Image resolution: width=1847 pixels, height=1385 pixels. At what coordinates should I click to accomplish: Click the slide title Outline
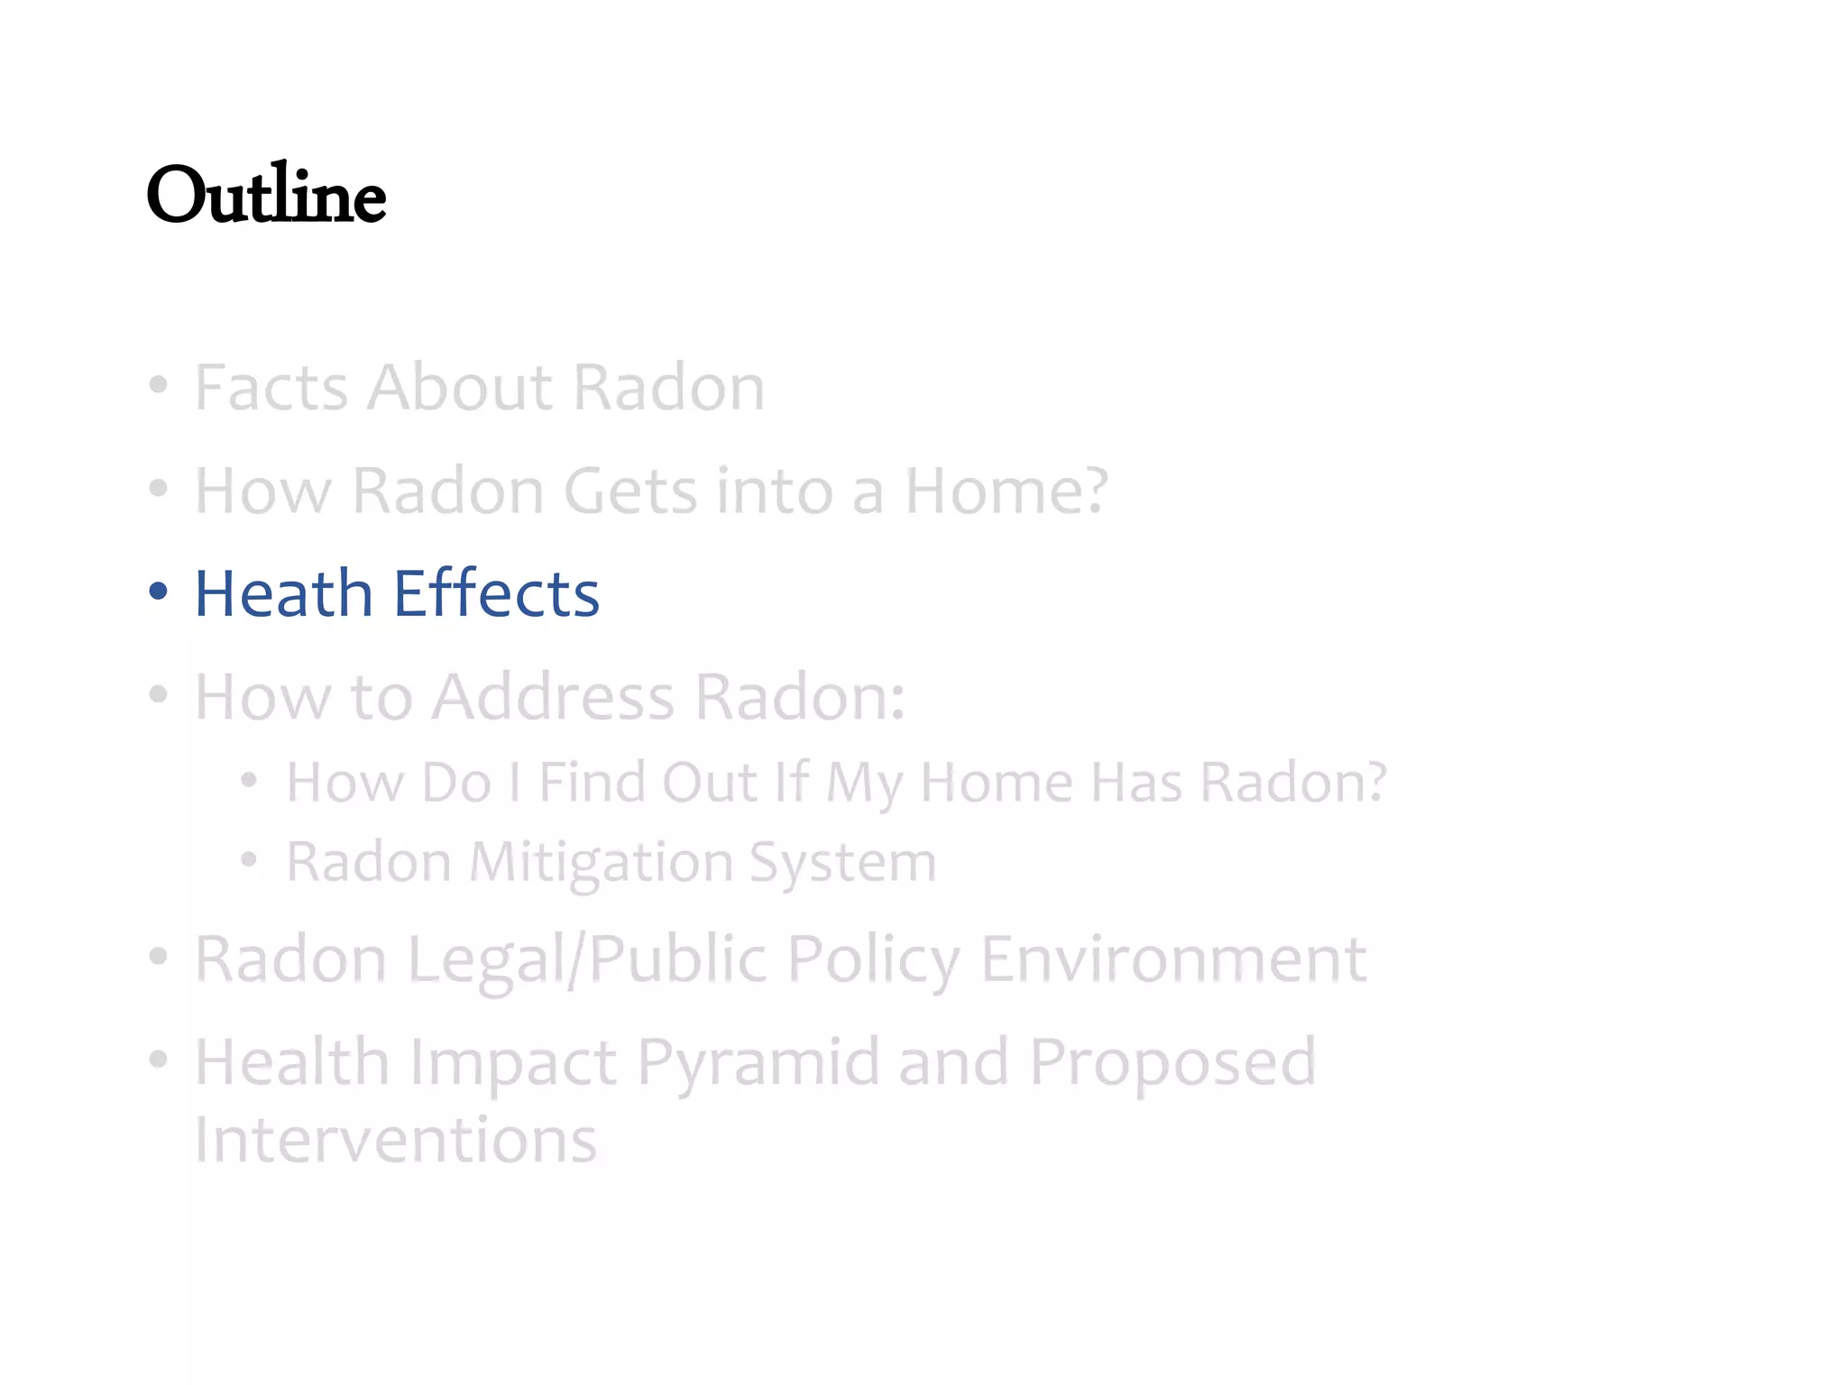click(x=266, y=195)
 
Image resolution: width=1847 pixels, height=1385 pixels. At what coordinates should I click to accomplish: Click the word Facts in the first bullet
click(x=271, y=388)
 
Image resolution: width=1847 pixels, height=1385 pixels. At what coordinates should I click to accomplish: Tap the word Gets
click(x=630, y=491)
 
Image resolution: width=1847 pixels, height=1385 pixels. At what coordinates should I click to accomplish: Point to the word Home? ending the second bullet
click(x=1006, y=491)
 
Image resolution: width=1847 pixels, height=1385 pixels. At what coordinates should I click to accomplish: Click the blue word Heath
click(x=283, y=594)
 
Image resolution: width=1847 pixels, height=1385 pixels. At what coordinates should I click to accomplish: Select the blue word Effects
click(x=496, y=594)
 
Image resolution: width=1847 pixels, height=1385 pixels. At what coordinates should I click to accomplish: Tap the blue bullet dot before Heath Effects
click(x=159, y=592)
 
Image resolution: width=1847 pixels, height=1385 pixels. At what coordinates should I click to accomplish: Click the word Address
click(x=552, y=697)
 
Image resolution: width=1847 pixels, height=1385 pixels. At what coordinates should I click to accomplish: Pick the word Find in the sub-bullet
click(x=591, y=782)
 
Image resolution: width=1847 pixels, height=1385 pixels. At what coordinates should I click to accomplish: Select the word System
click(x=842, y=863)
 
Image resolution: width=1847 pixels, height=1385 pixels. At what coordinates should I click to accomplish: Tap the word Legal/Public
click(x=587, y=958)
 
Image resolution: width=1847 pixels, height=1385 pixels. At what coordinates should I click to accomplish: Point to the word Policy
click(x=873, y=958)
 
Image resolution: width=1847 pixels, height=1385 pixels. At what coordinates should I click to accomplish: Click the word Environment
click(x=1172, y=958)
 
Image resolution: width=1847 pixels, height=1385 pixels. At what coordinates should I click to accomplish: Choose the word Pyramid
click(x=758, y=1063)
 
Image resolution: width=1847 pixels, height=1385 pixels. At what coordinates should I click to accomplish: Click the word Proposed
click(x=1172, y=1063)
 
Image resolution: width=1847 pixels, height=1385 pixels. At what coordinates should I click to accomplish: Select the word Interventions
click(x=395, y=1140)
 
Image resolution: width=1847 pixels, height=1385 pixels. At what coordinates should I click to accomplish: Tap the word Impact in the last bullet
click(x=513, y=1063)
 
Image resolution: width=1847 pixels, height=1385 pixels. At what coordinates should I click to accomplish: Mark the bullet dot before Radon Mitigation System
click(x=249, y=860)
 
